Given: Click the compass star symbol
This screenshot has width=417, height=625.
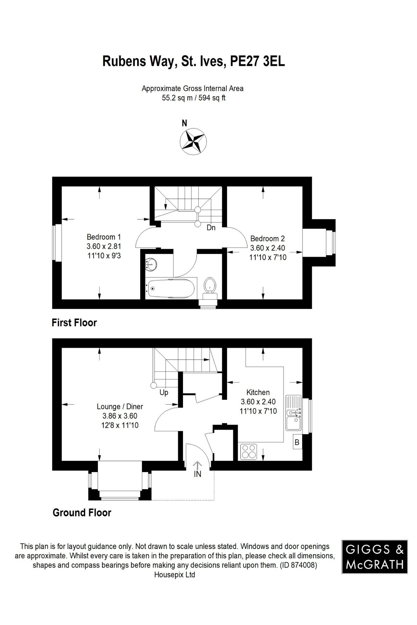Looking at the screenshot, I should point(193,142).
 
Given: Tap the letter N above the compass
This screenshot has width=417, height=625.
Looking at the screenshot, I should point(184,123).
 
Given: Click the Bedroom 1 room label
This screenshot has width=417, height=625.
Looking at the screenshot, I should point(104,237).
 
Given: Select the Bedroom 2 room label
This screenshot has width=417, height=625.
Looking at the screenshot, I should point(267,239).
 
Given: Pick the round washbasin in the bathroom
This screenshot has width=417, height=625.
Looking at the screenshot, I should point(151,264).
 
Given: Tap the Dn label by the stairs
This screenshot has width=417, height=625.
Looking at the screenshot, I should point(211,228).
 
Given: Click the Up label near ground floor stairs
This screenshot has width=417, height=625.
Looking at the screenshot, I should point(164,392).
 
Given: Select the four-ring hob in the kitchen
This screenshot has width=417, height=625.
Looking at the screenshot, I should point(249,452).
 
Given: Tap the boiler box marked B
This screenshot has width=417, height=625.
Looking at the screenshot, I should point(297,442).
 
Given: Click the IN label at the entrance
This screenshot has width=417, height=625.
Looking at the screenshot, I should point(197,474).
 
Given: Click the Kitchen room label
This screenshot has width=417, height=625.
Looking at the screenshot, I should point(258,392).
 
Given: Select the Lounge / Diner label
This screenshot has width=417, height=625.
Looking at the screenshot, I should point(120,406).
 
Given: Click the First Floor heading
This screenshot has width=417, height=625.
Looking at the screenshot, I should point(74,323).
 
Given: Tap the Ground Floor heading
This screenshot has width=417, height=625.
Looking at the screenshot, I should point(82,513).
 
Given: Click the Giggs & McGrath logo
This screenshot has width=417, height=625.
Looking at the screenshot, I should point(375,557).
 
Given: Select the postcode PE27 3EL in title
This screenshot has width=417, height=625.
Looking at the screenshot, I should point(257,61).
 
